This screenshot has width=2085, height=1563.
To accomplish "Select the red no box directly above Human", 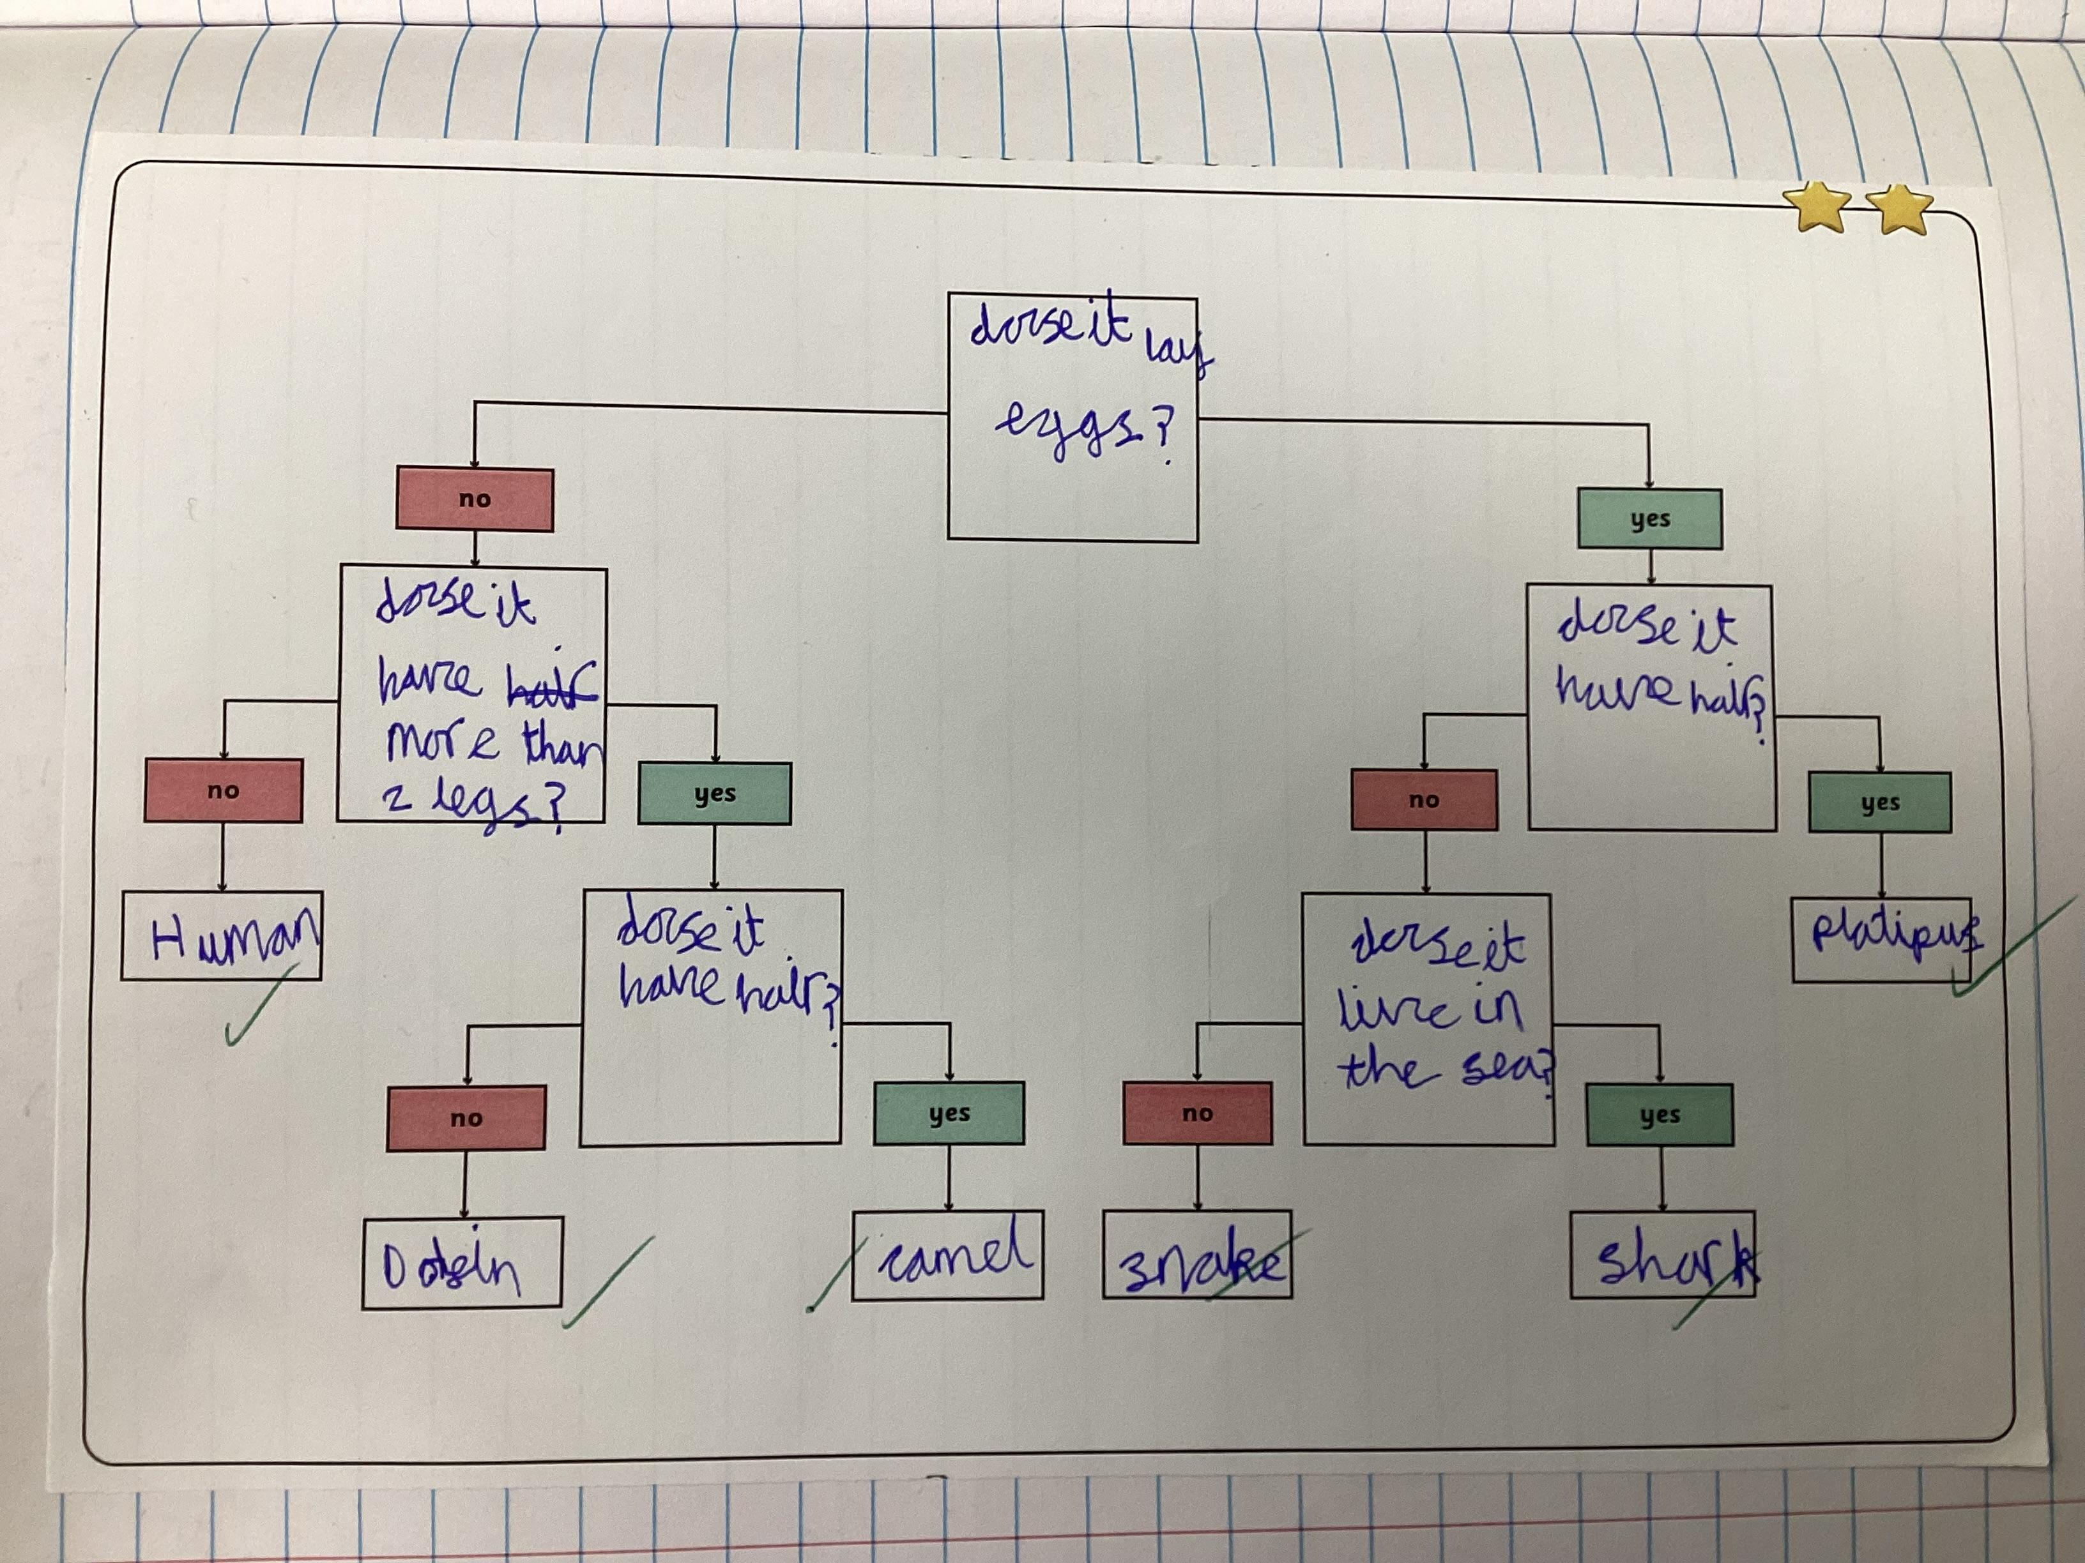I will [x=224, y=790].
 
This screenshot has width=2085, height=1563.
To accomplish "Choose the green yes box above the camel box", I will [x=949, y=1114].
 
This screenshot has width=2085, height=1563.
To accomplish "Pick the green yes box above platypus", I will [x=1879, y=803].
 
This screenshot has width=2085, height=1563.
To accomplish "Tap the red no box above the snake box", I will [x=1197, y=1114].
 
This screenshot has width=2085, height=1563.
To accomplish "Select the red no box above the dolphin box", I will [x=466, y=1119].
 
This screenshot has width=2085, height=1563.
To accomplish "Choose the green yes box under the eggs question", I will [x=1649, y=519].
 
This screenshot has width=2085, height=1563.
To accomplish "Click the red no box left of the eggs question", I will [x=474, y=499].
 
